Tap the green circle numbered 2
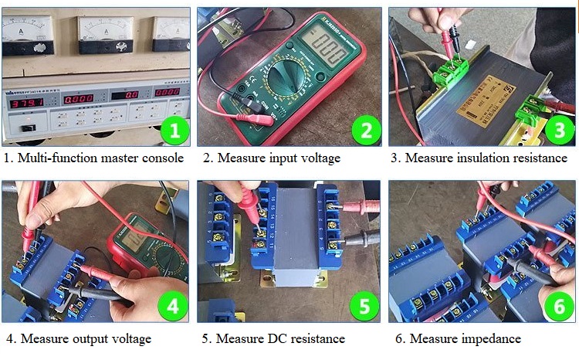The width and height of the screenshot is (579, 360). [367, 129]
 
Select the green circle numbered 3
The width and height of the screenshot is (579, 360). [558, 129]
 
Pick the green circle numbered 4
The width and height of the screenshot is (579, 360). [174, 307]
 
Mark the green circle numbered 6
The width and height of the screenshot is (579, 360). [558, 307]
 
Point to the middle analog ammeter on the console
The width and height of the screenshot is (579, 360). [106, 32]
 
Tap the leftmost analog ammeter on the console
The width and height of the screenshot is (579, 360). [27, 32]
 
